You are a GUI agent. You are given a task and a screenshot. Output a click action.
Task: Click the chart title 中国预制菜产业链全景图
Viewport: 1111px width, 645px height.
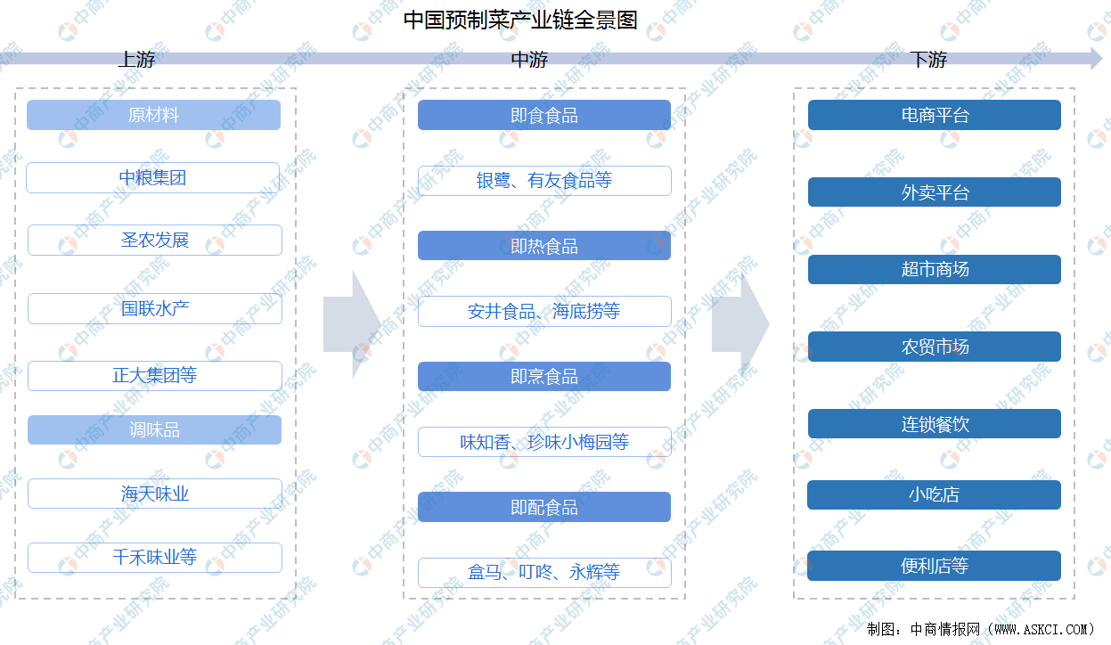(x=519, y=20)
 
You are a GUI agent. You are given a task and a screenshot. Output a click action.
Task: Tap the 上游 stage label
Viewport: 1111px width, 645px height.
(x=136, y=60)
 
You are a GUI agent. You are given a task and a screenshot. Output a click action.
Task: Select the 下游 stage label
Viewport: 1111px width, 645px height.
(x=928, y=60)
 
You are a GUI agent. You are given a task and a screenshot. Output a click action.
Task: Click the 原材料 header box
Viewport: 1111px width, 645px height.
(x=154, y=115)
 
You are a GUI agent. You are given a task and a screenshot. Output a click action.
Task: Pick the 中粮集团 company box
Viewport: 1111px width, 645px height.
(x=152, y=177)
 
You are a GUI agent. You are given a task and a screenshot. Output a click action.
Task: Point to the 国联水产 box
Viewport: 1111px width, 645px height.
(x=155, y=308)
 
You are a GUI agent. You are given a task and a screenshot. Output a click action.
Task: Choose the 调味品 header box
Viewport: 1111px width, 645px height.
(x=154, y=429)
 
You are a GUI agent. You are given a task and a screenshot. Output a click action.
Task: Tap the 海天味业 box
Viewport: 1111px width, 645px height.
(x=155, y=494)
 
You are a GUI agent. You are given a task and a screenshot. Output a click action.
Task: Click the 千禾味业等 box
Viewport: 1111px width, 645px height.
(x=155, y=558)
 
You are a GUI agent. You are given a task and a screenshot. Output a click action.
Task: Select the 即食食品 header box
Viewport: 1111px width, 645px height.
(x=544, y=115)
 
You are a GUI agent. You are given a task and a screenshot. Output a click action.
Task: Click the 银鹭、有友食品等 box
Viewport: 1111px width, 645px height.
(x=544, y=181)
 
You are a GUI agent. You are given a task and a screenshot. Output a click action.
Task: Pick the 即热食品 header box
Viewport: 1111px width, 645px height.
(x=544, y=245)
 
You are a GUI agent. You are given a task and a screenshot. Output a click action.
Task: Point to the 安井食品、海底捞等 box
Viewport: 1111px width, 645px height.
(x=544, y=311)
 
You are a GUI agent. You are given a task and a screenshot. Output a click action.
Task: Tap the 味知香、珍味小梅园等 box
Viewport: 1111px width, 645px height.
(x=544, y=442)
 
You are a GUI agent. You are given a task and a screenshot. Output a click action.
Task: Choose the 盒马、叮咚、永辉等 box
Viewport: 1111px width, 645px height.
(x=544, y=573)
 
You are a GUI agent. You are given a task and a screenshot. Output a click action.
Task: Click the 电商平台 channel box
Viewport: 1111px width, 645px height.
(x=935, y=115)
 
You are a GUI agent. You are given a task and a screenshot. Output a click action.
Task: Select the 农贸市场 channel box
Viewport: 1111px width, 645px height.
(x=935, y=347)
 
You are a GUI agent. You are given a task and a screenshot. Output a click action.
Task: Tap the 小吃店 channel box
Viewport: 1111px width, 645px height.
(x=934, y=494)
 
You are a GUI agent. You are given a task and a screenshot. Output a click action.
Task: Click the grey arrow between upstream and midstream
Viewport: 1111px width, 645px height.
(x=351, y=325)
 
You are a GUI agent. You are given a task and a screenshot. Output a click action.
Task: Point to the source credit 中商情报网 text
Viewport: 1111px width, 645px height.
(x=945, y=629)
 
